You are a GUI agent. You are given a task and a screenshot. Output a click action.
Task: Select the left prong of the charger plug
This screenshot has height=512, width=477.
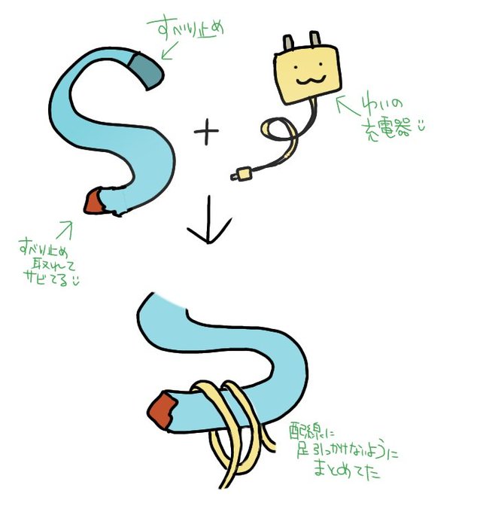pyautogui.click(x=289, y=44)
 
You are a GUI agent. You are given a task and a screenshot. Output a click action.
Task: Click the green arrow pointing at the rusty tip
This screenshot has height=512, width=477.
pyautogui.click(x=65, y=228)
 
